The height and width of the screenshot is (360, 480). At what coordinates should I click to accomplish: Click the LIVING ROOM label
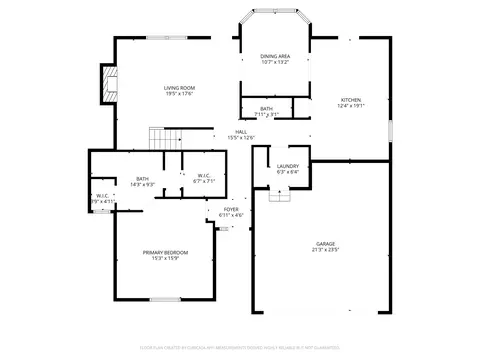coord(180,88)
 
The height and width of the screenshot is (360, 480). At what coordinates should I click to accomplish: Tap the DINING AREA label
coord(275,56)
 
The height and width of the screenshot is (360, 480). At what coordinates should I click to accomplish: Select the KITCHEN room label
coord(350,100)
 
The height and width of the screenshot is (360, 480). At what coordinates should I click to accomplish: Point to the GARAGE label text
coord(326,243)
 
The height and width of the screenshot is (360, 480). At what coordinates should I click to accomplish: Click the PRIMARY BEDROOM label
coord(165,252)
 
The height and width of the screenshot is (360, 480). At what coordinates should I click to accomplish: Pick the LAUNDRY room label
coord(288,165)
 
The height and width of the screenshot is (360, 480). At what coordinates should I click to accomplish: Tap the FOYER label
coord(231,209)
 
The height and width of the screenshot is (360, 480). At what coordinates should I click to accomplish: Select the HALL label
coord(242,131)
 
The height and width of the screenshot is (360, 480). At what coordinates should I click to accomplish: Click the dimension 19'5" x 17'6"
coord(180,95)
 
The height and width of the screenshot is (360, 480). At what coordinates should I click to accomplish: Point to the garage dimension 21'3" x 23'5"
coord(326,250)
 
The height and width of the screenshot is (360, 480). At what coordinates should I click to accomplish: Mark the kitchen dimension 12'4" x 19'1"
coord(350,106)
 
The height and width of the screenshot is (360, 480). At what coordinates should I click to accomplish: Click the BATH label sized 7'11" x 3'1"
coord(266,108)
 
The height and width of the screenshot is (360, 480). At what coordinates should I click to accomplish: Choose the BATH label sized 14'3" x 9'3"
coord(142,178)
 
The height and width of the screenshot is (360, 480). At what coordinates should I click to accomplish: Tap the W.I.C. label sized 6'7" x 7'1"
coord(203,177)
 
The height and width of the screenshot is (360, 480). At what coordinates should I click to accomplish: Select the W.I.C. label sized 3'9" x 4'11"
coord(102,196)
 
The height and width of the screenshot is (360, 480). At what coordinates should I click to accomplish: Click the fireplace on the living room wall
coord(108,85)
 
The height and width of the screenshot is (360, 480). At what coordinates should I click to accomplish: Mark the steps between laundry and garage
coord(284,194)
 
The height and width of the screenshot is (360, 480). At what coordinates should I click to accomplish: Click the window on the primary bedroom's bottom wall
coord(164,299)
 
